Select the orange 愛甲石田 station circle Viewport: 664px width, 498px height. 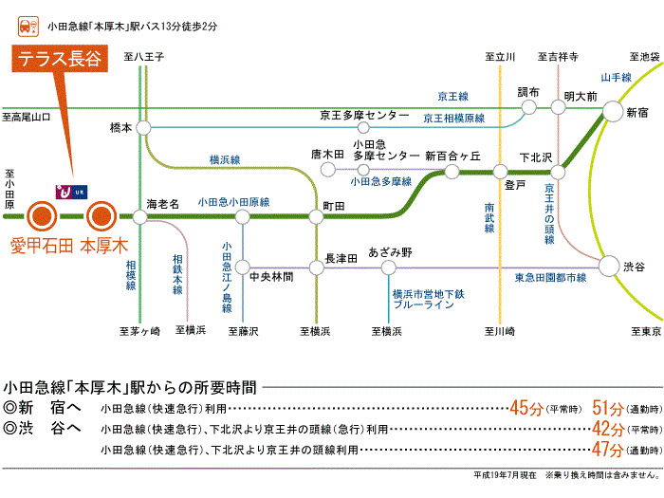42,217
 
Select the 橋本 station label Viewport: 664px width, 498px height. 121,126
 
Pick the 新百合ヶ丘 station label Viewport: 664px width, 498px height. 452,155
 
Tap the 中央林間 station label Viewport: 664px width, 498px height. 270,277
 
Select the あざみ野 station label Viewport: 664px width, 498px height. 390,252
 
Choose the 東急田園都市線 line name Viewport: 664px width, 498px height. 550,277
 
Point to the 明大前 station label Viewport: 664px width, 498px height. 580,97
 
